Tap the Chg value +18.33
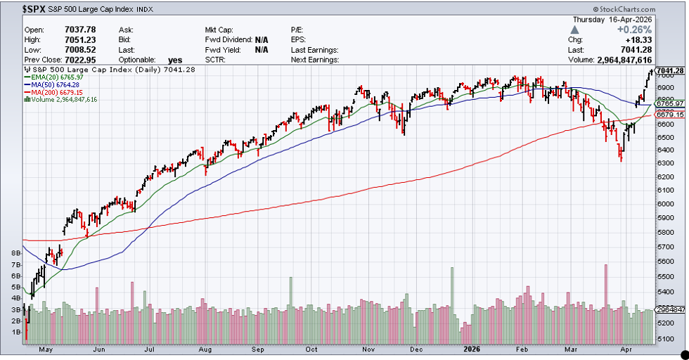(640, 40)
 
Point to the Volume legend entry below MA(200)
(63, 100)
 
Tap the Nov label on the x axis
(366, 349)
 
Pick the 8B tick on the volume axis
(15, 252)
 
